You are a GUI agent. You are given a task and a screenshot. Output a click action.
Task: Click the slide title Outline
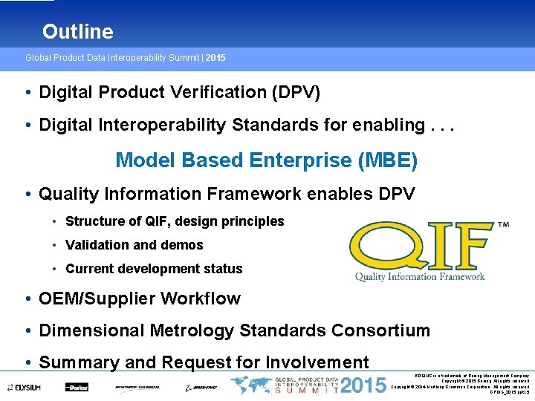point(77,32)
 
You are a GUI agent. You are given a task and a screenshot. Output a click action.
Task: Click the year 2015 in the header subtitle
point(215,57)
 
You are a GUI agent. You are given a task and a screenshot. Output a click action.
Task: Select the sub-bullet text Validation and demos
point(134,245)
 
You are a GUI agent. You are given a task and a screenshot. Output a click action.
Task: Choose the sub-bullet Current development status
point(154,269)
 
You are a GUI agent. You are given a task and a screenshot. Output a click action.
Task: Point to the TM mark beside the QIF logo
point(502,224)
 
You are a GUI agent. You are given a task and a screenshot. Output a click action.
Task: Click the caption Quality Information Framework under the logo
point(420,277)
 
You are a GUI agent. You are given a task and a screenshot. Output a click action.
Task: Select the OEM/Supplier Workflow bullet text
point(140,299)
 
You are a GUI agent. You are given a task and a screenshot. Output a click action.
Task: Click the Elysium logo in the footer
point(25,387)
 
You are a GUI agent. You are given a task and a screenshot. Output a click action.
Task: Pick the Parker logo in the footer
point(76,387)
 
